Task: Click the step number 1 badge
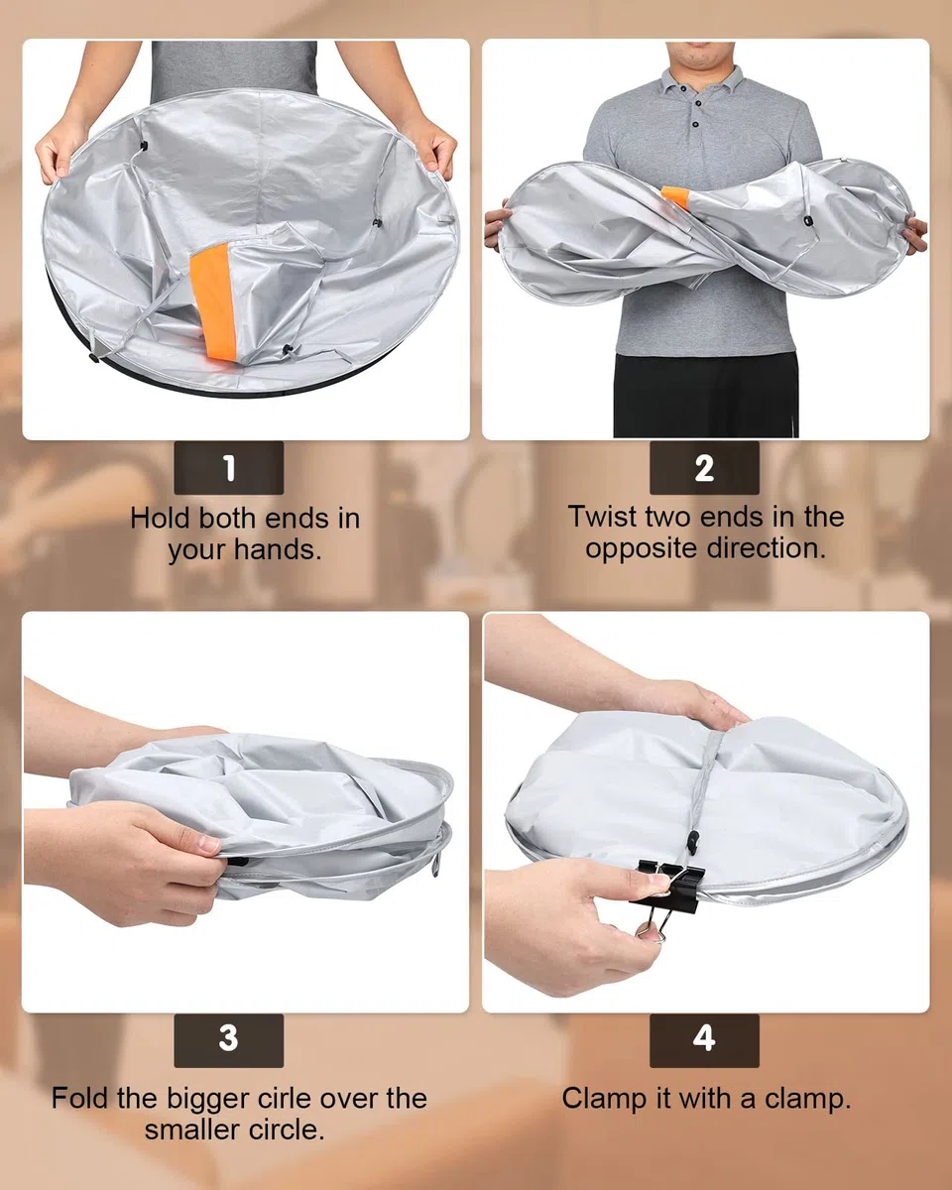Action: pyautogui.click(x=228, y=468)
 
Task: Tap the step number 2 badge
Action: pyautogui.click(x=704, y=468)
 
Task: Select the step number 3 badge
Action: pyautogui.click(x=228, y=1040)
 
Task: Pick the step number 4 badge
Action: pyautogui.click(x=704, y=1040)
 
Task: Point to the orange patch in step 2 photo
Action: pyautogui.click(x=676, y=196)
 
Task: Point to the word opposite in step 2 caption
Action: pyautogui.click(x=641, y=549)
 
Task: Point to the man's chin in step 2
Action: pyautogui.click(x=700, y=60)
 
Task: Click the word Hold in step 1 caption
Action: pyautogui.click(x=161, y=519)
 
